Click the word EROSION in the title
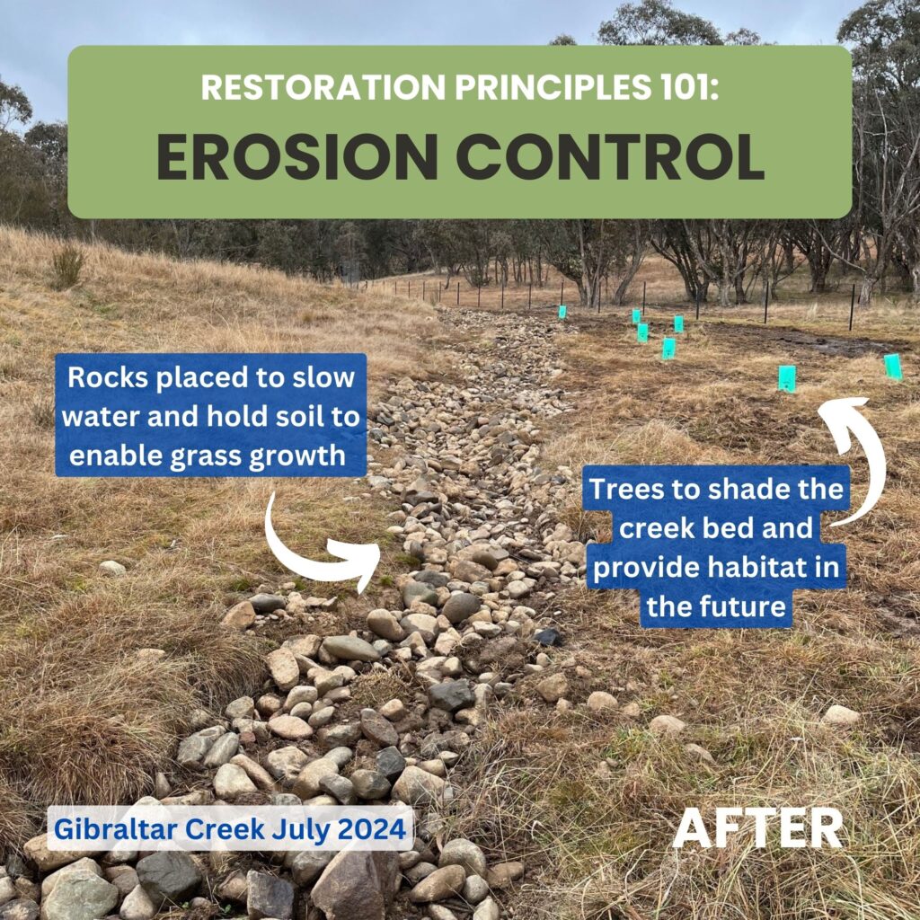(x=297, y=156)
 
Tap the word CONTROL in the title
(x=610, y=156)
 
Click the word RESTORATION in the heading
(x=323, y=87)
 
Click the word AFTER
(x=757, y=827)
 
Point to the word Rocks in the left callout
(x=109, y=376)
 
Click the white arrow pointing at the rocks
(x=305, y=557)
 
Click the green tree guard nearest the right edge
(x=893, y=367)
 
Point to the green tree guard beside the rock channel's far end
(x=562, y=312)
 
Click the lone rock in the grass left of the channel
(x=112, y=568)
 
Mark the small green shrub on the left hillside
(x=67, y=267)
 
